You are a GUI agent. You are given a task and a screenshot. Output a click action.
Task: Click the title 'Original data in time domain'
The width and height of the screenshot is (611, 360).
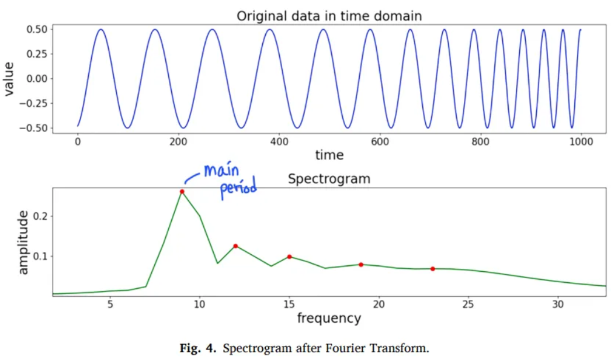point(329,16)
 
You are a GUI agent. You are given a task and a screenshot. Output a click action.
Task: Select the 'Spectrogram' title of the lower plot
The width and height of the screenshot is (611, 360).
point(329,179)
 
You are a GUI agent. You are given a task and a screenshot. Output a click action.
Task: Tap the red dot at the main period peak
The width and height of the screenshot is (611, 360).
point(182,192)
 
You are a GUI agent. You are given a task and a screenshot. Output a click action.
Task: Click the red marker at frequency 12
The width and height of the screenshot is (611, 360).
point(235,246)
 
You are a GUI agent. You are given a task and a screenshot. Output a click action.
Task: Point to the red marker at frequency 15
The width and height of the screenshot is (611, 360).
point(289,257)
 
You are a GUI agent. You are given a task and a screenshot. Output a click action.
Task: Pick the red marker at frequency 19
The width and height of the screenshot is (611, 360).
point(361,265)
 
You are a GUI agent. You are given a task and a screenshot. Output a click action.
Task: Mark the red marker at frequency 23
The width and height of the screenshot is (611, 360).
point(433,269)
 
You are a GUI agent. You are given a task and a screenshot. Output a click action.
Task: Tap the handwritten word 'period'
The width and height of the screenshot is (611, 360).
point(238,190)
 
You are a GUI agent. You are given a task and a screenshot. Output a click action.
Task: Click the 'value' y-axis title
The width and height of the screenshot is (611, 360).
point(9,78)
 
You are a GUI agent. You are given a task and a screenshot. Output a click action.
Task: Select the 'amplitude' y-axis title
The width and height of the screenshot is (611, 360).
point(23,242)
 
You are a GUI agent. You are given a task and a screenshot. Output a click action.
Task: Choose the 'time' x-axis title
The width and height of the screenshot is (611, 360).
point(329,155)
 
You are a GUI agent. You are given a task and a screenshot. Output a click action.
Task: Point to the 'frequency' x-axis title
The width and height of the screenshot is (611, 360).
point(329,318)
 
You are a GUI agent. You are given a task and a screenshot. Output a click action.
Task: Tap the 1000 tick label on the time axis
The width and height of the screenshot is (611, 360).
point(581,141)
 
